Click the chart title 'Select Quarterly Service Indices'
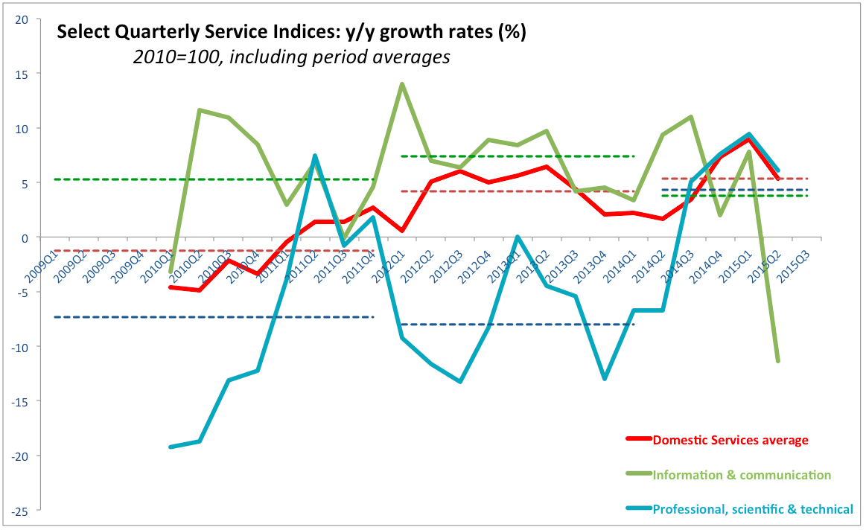click(291, 32)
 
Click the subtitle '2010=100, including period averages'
click(292, 57)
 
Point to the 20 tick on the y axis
click(22, 19)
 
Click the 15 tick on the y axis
click(22, 74)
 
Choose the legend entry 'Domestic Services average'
click(730, 440)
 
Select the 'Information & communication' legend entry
click(741, 474)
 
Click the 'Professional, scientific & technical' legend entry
click(752, 509)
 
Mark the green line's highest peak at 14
click(402, 84)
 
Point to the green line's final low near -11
click(778, 361)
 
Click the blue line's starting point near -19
click(171, 447)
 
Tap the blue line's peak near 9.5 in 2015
click(748, 135)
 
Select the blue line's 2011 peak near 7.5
click(315, 156)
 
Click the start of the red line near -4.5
click(171, 287)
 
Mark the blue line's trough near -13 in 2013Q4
click(605, 379)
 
